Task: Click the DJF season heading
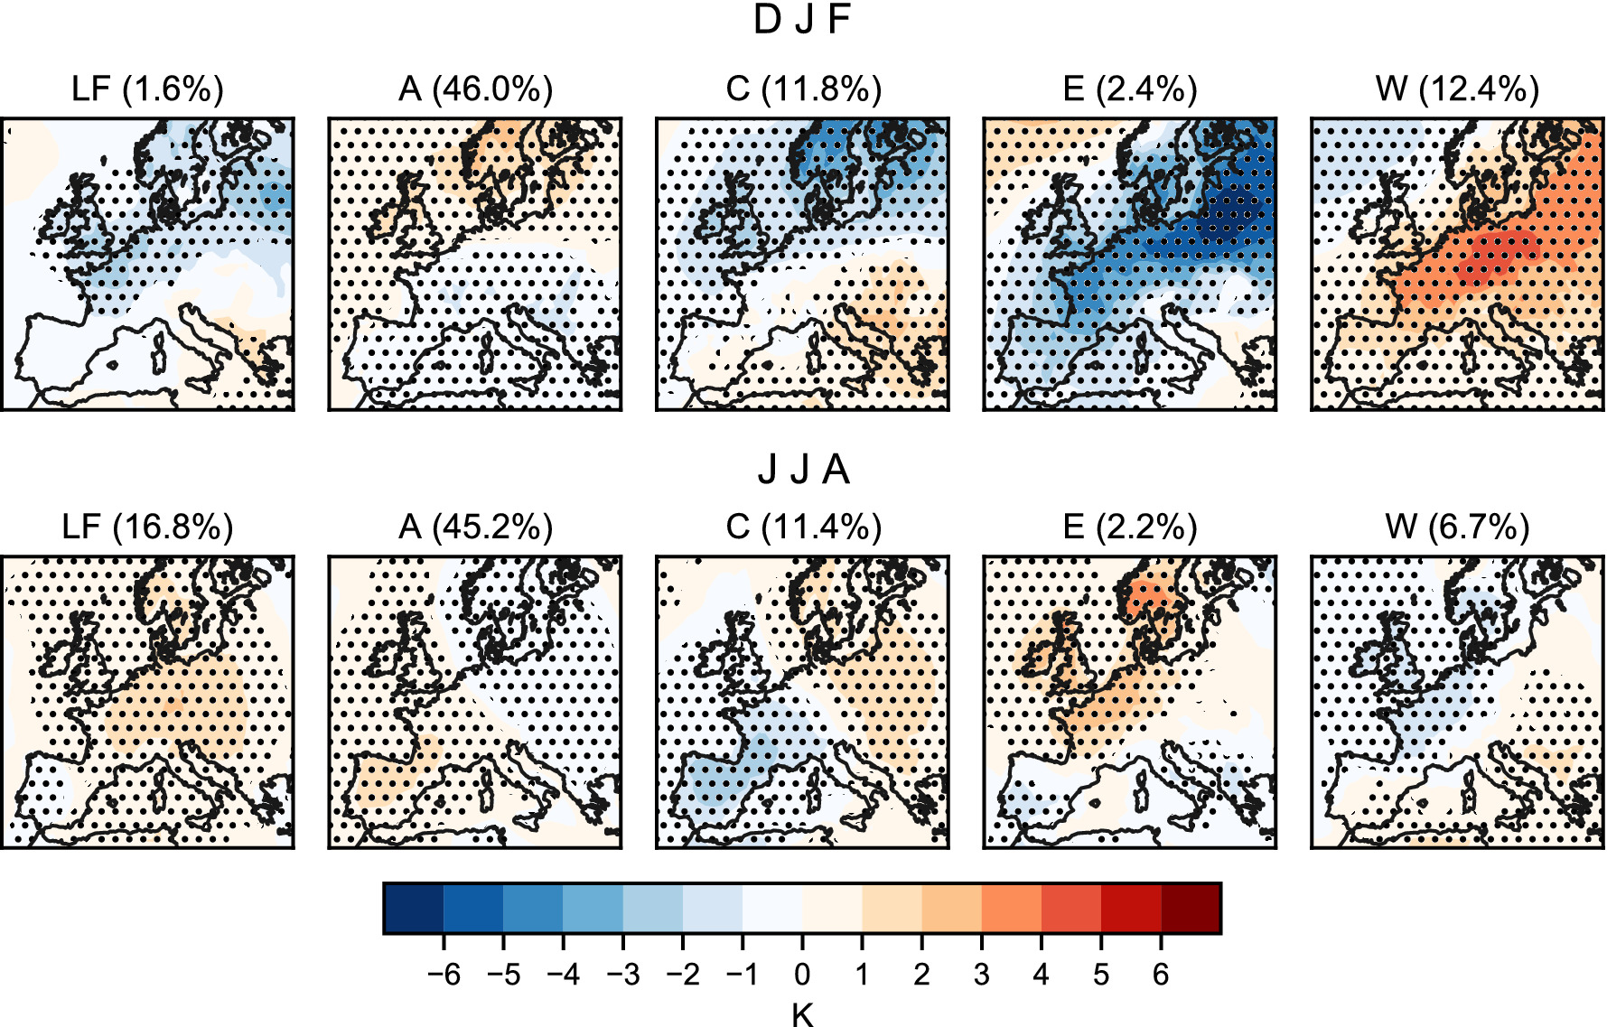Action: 802,20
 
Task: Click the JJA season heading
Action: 802,470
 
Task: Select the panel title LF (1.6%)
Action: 147,89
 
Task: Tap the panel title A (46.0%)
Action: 475,89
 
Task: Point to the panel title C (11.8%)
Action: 803,89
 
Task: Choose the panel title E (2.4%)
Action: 1130,89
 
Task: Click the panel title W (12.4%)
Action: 1457,89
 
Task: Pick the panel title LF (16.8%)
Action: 147,527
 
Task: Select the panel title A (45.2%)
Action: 475,527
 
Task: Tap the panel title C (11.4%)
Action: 803,527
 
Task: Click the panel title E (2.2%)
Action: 1130,527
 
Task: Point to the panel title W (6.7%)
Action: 1457,527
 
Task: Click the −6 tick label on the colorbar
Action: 444,975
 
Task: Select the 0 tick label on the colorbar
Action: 802,975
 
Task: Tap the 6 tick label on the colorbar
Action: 1161,975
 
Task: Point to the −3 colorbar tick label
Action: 622,975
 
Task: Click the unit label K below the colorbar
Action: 802,1015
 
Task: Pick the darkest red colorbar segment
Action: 1191,908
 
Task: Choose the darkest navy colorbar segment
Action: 414,908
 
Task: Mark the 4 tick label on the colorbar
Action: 1042,975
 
